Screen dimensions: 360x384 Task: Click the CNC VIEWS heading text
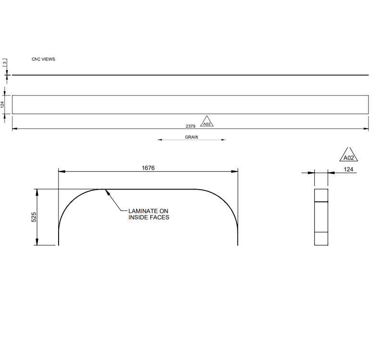pyautogui.click(x=43, y=59)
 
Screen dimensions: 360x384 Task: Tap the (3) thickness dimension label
pyautogui.click(x=5, y=63)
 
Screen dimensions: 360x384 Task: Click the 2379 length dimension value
pyautogui.click(x=191, y=126)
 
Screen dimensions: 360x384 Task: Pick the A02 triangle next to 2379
pyautogui.click(x=206, y=122)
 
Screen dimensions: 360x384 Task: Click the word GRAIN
pyautogui.click(x=192, y=137)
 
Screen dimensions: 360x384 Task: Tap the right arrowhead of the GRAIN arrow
pyautogui.click(x=223, y=140)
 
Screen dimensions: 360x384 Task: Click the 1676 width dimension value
pyautogui.click(x=148, y=168)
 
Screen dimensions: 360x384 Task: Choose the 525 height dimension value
pyautogui.click(x=34, y=217)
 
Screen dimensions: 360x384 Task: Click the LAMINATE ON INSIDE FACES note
pyautogui.click(x=148, y=214)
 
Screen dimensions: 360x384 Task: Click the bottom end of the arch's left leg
pyautogui.click(x=59, y=245)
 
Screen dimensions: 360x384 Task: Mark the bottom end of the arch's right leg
pyautogui.click(x=238, y=245)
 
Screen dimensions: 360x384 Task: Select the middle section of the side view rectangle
pyautogui.click(x=321, y=217)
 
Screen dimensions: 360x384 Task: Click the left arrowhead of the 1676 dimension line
pyautogui.click(x=60, y=171)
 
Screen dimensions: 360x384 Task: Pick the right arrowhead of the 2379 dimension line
pyautogui.click(x=366, y=129)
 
